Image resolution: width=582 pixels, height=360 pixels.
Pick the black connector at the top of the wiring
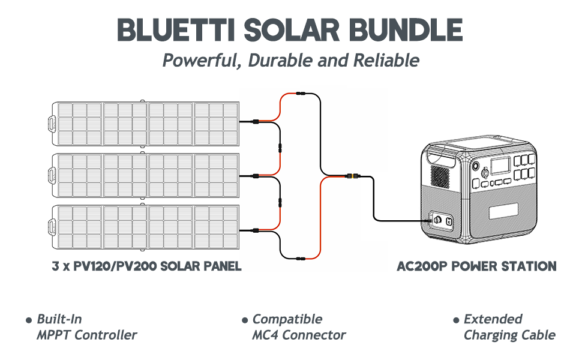(300, 94)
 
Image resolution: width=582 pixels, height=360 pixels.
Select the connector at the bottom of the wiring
(300, 259)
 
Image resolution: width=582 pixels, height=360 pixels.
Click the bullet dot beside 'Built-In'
(28, 320)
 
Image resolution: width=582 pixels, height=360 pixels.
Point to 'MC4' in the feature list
(265, 335)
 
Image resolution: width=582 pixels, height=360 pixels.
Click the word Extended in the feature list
(493, 319)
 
